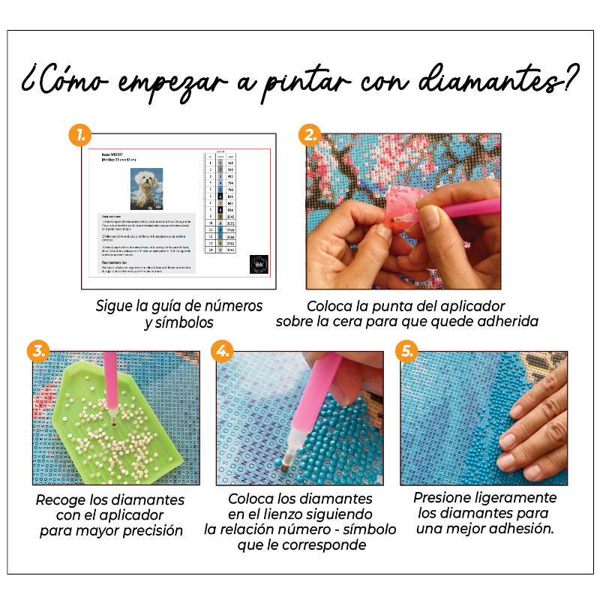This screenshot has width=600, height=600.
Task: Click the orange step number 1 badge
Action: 80,136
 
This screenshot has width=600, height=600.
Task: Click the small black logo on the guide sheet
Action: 259,265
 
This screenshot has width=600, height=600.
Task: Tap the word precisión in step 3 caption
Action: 148,530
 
